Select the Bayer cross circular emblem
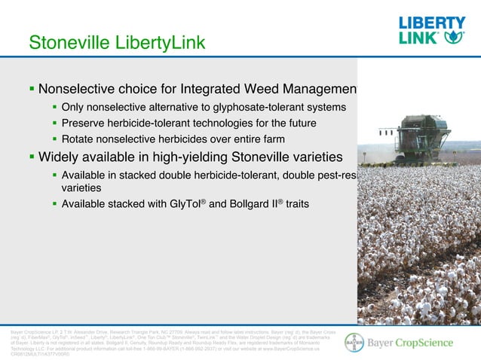[x=354, y=343]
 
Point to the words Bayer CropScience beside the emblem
[x=410, y=343]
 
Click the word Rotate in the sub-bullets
[x=79, y=139]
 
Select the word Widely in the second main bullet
[x=61, y=158]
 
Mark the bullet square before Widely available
[x=31, y=158]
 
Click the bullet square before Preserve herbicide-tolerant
[x=54, y=124]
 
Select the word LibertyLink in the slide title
[x=158, y=43]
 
